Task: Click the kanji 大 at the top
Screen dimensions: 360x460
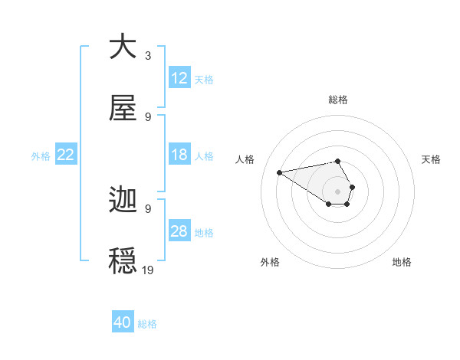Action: pyautogui.click(x=123, y=47)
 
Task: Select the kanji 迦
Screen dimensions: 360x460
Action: pyautogui.click(x=123, y=201)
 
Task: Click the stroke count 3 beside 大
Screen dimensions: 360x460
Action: pyautogui.click(x=147, y=56)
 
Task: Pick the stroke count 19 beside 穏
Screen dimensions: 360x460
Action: pyautogui.click(x=148, y=270)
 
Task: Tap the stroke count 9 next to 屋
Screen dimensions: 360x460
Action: pyautogui.click(x=148, y=117)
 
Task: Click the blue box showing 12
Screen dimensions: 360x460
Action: pyautogui.click(x=179, y=78)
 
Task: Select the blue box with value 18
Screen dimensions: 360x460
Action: pyautogui.click(x=179, y=155)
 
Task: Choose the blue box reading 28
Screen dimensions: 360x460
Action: pyautogui.click(x=179, y=231)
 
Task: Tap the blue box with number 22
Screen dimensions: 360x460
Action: pyautogui.click(x=66, y=155)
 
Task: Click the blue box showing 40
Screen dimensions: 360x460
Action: pyautogui.click(x=123, y=322)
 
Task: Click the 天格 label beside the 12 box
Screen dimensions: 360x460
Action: pyautogui.click(x=204, y=79)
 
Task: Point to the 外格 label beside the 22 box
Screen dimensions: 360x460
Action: pyautogui.click(x=41, y=155)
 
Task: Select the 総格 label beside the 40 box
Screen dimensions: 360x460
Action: pyautogui.click(x=147, y=324)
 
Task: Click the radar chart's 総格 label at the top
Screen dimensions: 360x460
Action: pyautogui.click(x=337, y=100)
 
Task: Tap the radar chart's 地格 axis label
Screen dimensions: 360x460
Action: pyautogui.click(x=402, y=262)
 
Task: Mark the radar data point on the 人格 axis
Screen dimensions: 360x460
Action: pyautogui.click(x=280, y=172)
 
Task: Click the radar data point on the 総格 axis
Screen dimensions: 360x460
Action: pyautogui.click(x=337, y=162)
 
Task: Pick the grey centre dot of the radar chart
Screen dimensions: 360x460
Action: pyautogui.click(x=337, y=191)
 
